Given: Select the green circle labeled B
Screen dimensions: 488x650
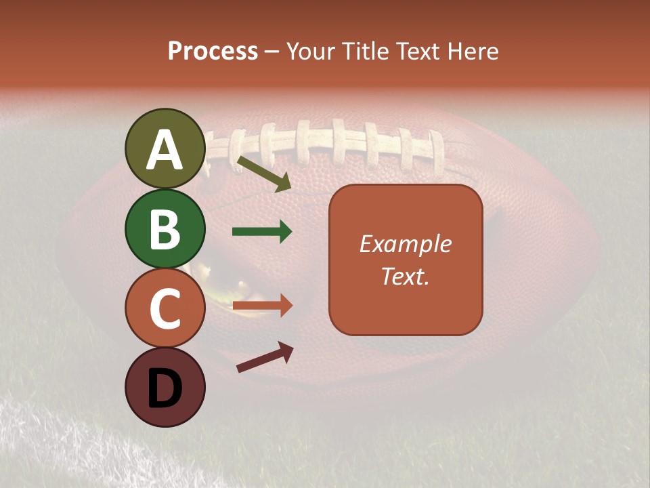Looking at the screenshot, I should [x=165, y=228].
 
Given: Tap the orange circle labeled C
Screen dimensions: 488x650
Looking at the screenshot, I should [x=165, y=308].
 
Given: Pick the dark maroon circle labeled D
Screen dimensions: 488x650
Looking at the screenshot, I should [x=165, y=388].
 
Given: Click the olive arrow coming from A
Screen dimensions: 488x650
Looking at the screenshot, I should [x=264, y=173].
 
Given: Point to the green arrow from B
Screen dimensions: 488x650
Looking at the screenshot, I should [x=262, y=232].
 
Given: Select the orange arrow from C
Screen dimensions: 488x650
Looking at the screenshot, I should [x=262, y=306].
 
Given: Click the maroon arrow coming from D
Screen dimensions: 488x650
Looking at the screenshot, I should [x=265, y=357].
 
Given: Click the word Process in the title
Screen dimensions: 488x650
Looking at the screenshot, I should [x=213, y=52].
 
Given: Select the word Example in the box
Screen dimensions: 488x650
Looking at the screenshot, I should [x=405, y=244].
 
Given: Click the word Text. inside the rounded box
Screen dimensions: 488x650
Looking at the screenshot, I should [x=405, y=276].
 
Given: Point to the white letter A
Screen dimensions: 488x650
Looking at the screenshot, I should [x=165, y=150].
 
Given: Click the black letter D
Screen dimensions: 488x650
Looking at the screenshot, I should [x=165, y=389].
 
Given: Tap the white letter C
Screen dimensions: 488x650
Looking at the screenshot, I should [x=165, y=309].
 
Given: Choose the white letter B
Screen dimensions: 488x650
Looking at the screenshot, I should [x=165, y=229].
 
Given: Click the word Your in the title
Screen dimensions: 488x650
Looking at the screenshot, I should [x=309, y=52].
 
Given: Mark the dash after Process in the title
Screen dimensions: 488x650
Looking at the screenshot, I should [x=272, y=52].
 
